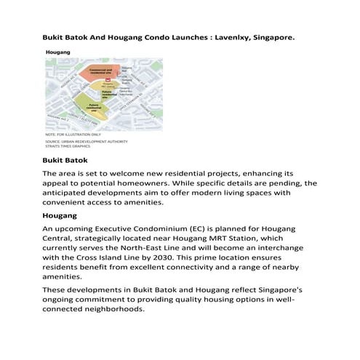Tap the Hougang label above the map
click(x=57, y=53)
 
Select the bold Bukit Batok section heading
click(x=65, y=159)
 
